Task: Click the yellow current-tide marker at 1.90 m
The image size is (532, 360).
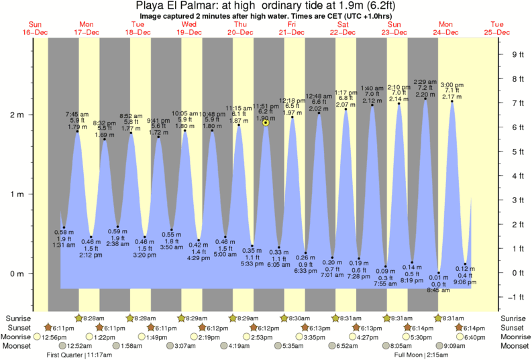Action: (x=266, y=123)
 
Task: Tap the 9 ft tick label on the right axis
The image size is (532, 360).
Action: (x=516, y=54)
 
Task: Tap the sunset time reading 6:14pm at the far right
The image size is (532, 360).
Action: (x=470, y=326)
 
